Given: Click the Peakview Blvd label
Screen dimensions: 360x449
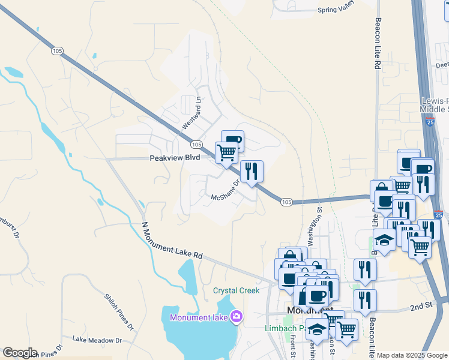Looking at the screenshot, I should (x=174, y=158).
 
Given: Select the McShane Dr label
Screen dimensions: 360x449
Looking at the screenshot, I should (x=225, y=190).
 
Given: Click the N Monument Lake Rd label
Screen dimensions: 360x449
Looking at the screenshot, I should (x=172, y=241).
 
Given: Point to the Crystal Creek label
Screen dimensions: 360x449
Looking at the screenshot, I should (x=237, y=290).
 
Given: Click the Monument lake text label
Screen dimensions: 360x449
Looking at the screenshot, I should (x=199, y=317).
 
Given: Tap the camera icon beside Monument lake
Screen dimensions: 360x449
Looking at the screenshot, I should (x=237, y=316).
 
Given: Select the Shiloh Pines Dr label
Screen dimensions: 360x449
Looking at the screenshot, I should (x=118, y=312).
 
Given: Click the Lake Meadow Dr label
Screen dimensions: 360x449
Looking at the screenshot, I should (x=97, y=340).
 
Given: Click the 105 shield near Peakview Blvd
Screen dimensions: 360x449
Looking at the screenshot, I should (x=196, y=145).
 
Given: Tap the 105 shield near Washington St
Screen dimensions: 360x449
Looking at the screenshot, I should (x=286, y=203).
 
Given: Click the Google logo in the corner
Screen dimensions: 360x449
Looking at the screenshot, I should (x=20, y=353).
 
